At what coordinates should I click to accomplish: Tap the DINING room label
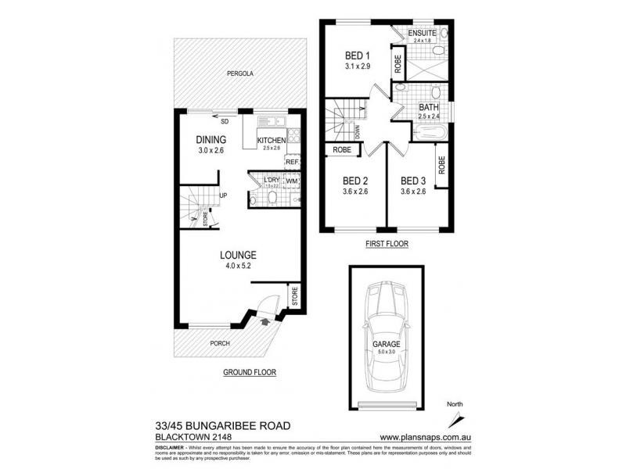point(210,140)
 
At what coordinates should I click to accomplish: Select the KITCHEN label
point(271,141)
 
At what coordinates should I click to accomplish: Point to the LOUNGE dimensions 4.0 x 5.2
point(238,267)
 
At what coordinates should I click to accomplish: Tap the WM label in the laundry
point(291,181)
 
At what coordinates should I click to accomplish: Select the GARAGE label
point(387,344)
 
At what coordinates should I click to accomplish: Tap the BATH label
point(428,108)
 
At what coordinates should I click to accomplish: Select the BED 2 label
point(354,179)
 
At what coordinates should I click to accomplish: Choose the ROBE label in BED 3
point(441,165)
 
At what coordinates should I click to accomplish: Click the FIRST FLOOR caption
point(387,244)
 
